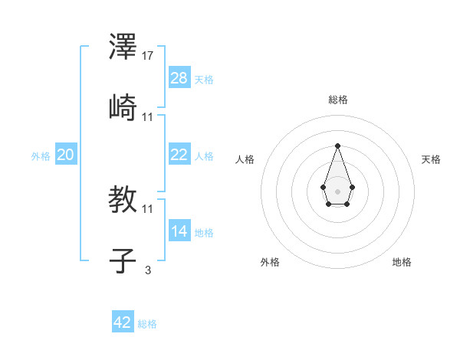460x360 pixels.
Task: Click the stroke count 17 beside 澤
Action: click(x=149, y=56)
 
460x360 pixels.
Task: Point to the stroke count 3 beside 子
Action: click(x=148, y=269)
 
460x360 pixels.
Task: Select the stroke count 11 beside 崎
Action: click(x=149, y=116)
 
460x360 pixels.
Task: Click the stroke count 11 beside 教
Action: click(x=149, y=208)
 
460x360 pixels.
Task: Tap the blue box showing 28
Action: click(x=179, y=78)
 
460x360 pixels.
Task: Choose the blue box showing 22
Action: click(x=179, y=154)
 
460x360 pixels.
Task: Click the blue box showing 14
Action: click(x=179, y=231)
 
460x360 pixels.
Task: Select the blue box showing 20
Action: click(x=66, y=155)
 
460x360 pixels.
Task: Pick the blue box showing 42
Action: click(x=123, y=322)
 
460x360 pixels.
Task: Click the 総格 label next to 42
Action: click(x=147, y=324)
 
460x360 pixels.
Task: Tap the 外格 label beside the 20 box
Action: click(x=41, y=156)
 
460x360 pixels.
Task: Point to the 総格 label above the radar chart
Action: click(x=338, y=100)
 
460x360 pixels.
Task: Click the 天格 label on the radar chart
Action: click(x=431, y=159)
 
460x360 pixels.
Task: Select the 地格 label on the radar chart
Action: click(x=402, y=262)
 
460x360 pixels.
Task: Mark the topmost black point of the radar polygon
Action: click(x=337, y=146)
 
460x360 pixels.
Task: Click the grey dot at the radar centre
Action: click(x=337, y=190)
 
